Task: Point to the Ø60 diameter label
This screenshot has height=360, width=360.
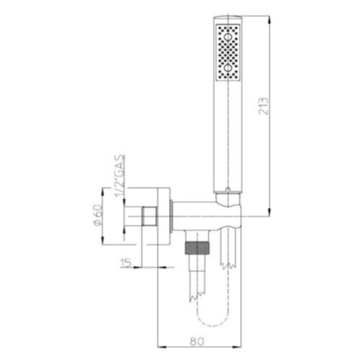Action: tap(98, 215)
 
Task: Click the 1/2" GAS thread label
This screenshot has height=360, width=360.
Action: tap(119, 177)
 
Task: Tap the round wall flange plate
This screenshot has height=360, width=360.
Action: tap(162, 214)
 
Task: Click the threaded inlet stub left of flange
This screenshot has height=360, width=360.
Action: tap(147, 214)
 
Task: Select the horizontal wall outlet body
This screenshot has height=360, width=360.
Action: tap(203, 214)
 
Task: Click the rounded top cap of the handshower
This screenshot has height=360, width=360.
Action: tap(227, 17)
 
